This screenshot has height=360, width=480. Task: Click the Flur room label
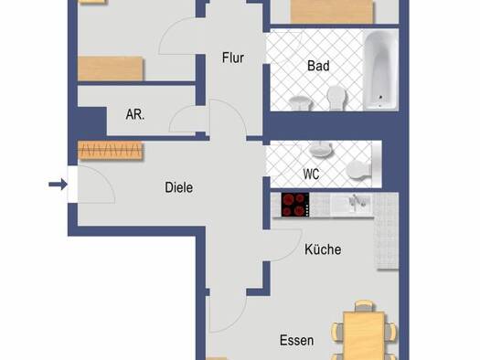pos(233,58)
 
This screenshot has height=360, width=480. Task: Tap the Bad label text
pos(318,66)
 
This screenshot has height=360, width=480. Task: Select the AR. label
pos(135,114)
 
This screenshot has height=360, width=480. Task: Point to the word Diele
pos(179,187)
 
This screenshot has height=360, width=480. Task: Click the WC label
pos(311,174)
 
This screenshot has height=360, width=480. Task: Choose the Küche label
pos(323,249)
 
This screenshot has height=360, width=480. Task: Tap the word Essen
pos(296,341)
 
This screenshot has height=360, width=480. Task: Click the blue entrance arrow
pos(59,185)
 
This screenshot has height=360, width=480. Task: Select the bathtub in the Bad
pos(381,69)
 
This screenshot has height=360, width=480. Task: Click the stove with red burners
pos(295,205)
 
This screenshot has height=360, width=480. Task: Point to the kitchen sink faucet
pos(356,202)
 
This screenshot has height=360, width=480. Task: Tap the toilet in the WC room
pos(360,170)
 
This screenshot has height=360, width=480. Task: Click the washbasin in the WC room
pos(321,149)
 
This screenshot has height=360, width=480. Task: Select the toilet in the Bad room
pos(336,97)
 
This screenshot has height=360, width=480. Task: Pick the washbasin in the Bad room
pos(300,102)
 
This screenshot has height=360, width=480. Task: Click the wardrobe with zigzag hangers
pos(111,150)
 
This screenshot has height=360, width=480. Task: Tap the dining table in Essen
pos(364,336)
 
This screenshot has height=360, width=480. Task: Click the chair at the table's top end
pos(364,306)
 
